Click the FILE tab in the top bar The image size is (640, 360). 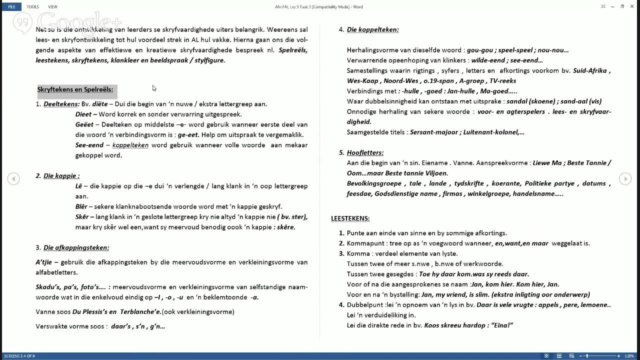pos(11,6)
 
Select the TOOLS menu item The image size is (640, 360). pos(32,6)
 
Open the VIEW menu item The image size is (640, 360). pos(52,6)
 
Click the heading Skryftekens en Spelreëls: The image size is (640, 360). pos(75,89)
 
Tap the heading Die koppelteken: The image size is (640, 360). pos(372,29)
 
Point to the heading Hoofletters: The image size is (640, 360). pos(365,152)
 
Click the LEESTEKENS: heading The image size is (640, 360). pos(350,218)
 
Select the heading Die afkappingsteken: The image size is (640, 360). pos(76,247)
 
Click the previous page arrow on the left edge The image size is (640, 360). pos(13,178)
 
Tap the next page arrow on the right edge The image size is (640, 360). pos(625,178)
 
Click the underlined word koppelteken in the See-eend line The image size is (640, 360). pos(130,145)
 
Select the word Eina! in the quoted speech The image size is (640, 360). pos(502,325)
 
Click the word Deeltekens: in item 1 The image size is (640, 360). pos(61,104)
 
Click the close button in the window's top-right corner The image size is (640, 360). pos(633,6)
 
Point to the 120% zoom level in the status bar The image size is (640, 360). pos(629,356)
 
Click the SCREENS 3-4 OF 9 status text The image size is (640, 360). pos(19,356)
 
